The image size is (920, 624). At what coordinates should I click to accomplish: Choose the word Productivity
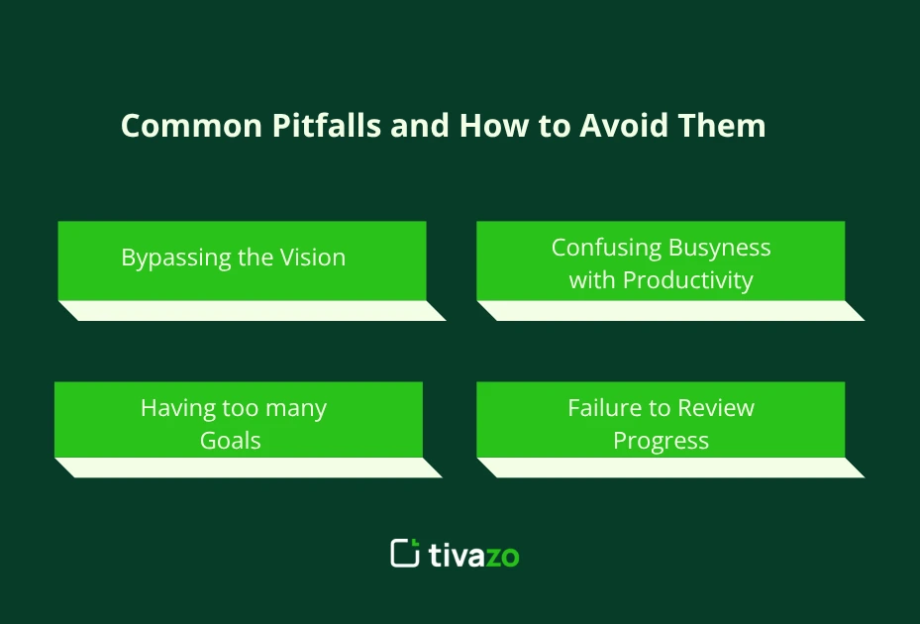(x=686, y=281)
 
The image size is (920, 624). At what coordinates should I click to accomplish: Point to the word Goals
(x=231, y=441)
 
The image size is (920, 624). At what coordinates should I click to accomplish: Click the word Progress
(x=661, y=442)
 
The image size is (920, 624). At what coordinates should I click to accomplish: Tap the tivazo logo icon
(x=405, y=553)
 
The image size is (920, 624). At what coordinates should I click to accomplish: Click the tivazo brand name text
(x=473, y=555)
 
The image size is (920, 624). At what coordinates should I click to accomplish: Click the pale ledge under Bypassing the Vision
(x=253, y=311)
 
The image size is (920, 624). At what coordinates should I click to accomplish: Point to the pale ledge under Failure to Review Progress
(x=670, y=468)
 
